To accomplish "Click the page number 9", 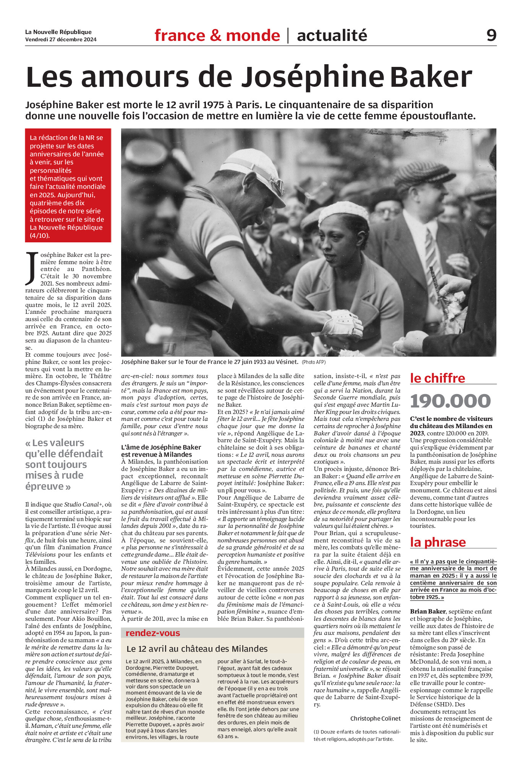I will click(491, 35).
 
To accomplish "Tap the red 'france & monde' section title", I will click(217, 36).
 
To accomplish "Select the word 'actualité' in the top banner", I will click(332, 36).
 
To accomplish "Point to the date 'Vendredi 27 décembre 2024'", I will click(61, 39).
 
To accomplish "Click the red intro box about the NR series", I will click(68, 186).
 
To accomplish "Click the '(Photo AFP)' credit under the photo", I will click(313, 362).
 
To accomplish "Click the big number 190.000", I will click(450, 401).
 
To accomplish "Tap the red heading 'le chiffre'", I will click(438, 378).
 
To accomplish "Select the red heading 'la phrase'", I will click(438, 542).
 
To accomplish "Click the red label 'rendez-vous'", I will click(152, 633).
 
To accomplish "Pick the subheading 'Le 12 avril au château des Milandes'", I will click(197, 649).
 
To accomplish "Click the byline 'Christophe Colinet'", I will click(375, 719).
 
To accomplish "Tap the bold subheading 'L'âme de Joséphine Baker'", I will click(161, 447).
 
